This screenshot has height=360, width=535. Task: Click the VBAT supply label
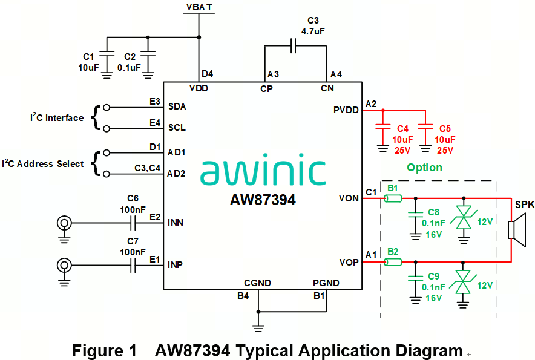click(198, 7)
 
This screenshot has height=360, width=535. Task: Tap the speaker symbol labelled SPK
click(512, 231)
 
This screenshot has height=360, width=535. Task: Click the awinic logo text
click(262, 172)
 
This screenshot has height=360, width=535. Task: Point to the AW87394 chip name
click(263, 200)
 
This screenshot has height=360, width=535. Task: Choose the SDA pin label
click(177, 106)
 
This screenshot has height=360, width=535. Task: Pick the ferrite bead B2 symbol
click(393, 262)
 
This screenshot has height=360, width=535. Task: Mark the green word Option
click(424, 168)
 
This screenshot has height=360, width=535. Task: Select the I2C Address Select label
click(43, 164)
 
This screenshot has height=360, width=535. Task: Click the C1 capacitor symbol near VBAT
click(107, 53)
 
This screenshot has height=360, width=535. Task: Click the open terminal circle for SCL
click(107, 128)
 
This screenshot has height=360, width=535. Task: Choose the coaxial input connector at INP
click(64, 265)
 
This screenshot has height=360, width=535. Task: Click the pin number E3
click(155, 101)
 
